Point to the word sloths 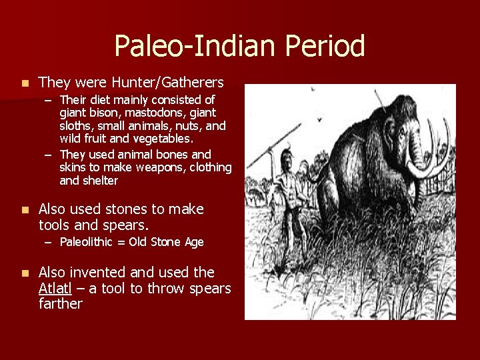(77, 125)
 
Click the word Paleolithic (89, 242)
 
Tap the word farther (60, 304)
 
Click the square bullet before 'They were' (24, 83)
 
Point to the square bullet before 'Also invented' (24, 273)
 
